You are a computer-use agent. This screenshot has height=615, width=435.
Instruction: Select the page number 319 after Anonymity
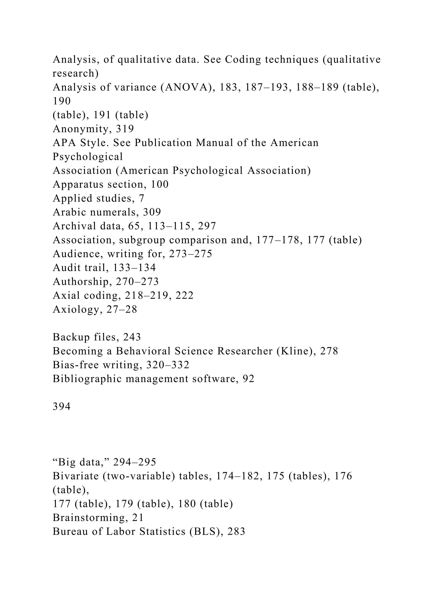coord(125,129)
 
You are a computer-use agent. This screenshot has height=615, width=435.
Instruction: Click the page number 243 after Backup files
coord(132,337)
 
